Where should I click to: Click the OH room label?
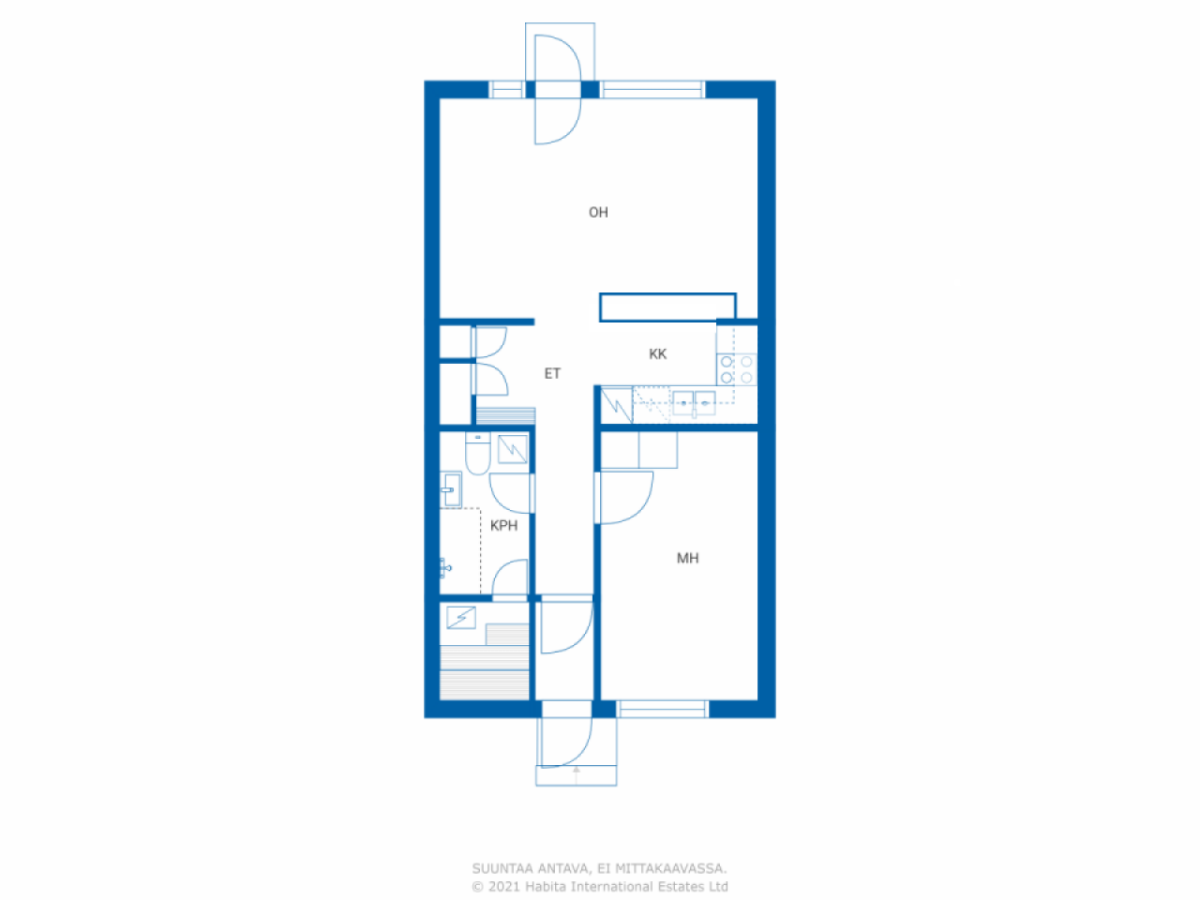pyautogui.click(x=598, y=212)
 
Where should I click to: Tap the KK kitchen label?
pyautogui.click(x=657, y=354)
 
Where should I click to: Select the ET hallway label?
pyautogui.click(x=552, y=373)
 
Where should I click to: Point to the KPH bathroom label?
pyautogui.click(x=503, y=525)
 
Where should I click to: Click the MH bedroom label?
pyautogui.click(x=687, y=558)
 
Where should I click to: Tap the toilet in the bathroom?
pyautogui.click(x=477, y=453)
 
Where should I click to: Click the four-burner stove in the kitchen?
pyautogui.click(x=736, y=369)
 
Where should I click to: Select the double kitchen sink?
pyautogui.click(x=693, y=403)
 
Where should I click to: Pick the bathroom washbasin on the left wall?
pyautogui.click(x=451, y=489)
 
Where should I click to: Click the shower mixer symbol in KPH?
pyautogui.click(x=445, y=568)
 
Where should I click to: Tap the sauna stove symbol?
pyautogui.click(x=461, y=618)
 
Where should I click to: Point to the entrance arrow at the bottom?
pyautogui.click(x=576, y=775)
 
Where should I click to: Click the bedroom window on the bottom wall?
pyautogui.click(x=662, y=709)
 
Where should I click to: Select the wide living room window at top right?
pyautogui.click(x=652, y=89)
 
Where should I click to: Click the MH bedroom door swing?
pyautogui.click(x=626, y=497)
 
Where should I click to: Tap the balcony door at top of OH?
pyautogui.click(x=558, y=90)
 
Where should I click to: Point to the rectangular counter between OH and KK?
pyautogui.click(x=667, y=307)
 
